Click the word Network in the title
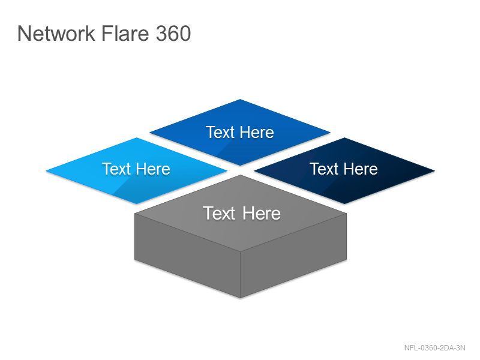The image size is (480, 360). pos(56,33)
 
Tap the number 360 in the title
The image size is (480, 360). pos(173,33)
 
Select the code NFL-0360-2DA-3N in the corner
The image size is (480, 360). pos(434,348)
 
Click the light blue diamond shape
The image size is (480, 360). pos(137,171)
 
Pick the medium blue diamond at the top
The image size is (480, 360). pos(240,132)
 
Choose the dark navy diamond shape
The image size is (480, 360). pos(344,171)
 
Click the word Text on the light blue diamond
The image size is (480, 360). pos(116,169)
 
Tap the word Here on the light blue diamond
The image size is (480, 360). pos(153,169)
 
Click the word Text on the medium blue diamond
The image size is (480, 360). pos(220,132)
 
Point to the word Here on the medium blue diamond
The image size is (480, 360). pos(257,132)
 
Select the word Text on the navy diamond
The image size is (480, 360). pos(324,169)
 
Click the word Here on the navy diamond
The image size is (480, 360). pos(361,169)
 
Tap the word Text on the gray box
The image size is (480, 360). pos(219,213)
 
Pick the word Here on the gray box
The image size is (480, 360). pos(262,213)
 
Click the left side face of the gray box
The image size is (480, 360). pos(187,256)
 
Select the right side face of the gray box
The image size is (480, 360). pos(293,256)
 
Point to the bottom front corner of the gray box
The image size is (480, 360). pos(241,298)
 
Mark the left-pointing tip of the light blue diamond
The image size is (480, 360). pos(46,171)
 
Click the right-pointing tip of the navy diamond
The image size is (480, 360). pos(434,171)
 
